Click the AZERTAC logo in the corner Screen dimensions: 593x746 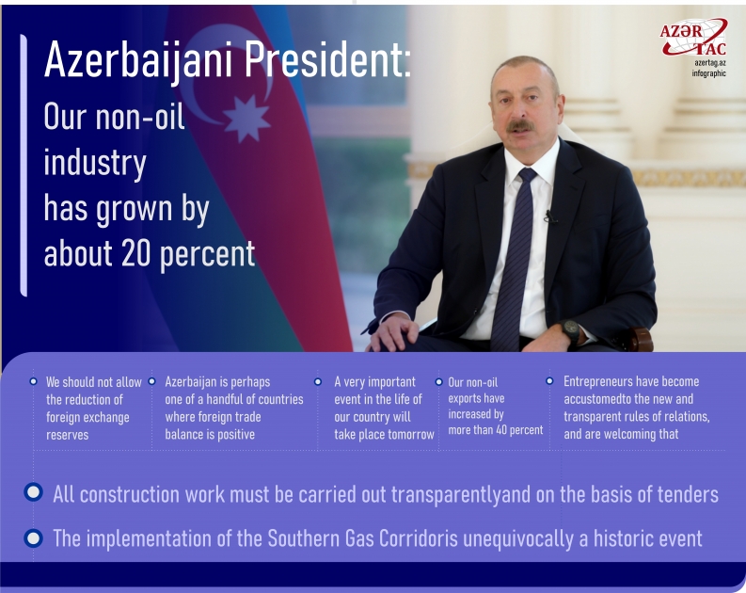[x=692, y=39]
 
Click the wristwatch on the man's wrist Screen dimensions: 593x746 [x=571, y=331]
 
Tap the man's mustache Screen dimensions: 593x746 [x=521, y=124]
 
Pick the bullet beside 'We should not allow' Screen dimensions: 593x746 [x=34, y=381]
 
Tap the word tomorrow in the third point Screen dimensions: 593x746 [x=411, y=435]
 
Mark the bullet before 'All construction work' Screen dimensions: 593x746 [x=34, y=493]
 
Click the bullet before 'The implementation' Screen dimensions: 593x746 [x=34, y=538]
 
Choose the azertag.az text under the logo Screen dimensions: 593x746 [x=710, y=62]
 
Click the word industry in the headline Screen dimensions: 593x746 [x=95, y=163]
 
